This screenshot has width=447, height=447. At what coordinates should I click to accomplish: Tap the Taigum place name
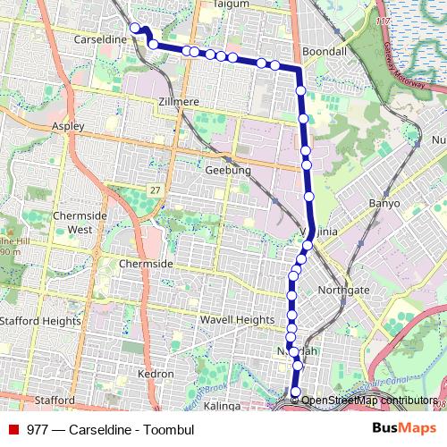pyautogui.click(x=231, y=4)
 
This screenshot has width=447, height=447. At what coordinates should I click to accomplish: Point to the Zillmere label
pyautogui.click(x=177, y=102)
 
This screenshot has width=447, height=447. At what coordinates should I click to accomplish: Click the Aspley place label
pyautogui.click(x=69, y=126)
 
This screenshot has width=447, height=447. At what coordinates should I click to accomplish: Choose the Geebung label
pyautogui.click(x=228, y=170)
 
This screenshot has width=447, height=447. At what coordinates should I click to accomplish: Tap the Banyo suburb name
pyautogui.click(x=382, y=204)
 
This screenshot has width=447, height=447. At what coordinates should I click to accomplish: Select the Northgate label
pyautogui.click(x=342, y=291)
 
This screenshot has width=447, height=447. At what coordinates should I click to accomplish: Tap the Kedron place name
pyautogui.click(x=156, y=372)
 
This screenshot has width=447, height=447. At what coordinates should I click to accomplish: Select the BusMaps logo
pyautogui.click(x=405, y=428)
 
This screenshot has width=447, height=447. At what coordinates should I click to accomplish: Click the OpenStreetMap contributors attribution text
pyautogui.click(x=368, y=401)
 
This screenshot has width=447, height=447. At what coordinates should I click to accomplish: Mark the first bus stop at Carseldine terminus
pyautogui.click(x=136, y=28)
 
